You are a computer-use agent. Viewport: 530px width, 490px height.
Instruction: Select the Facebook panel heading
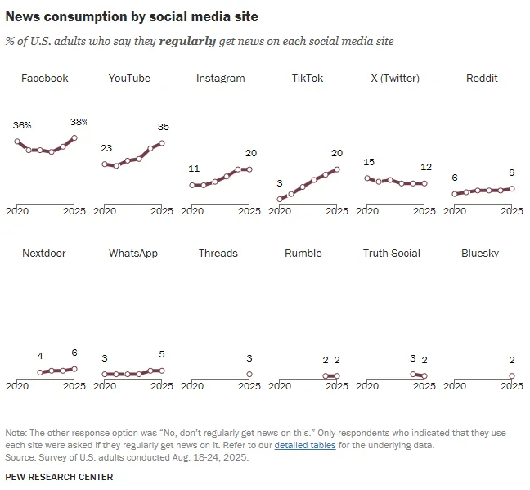tap(44, 79)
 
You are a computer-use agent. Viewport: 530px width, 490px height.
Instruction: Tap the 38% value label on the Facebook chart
tap(79, 122)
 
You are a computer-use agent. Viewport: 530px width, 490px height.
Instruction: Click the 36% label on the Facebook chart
tap(22, 125)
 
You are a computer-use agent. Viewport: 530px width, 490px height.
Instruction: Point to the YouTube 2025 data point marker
tap(162, 143)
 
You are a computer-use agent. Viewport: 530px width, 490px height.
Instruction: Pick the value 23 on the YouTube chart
tap(106, 148)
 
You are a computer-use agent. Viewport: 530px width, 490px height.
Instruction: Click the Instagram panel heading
tap(220, 79)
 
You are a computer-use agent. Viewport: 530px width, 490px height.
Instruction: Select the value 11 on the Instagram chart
tap(194, 169)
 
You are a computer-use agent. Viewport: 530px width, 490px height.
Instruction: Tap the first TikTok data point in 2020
tap(280, 199)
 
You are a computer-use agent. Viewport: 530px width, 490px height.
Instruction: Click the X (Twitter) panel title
tap(394, 79)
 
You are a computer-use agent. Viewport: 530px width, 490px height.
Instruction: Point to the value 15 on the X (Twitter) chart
tap(369, 162)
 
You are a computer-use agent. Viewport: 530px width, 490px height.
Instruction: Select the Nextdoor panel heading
tap(44, 254)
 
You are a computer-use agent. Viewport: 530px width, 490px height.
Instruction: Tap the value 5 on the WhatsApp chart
tap(161, 354)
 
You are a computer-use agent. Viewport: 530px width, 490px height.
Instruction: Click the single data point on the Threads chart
tap(249, 375)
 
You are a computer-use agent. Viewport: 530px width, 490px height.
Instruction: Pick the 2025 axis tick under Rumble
tap(336, 386)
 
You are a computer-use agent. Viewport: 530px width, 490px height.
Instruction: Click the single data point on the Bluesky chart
tap(512, 376)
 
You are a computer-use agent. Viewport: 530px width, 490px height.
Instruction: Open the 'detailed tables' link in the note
tap(304, 446)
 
